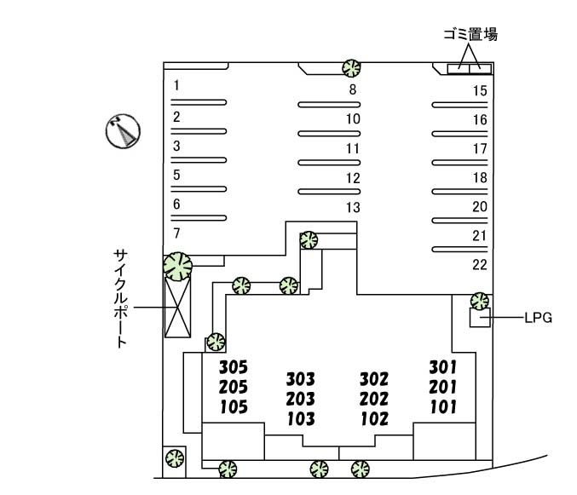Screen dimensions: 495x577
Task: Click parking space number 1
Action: coord(176,85)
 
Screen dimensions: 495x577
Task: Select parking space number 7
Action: coord(176,233)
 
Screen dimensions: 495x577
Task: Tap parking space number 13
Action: coord(353,208)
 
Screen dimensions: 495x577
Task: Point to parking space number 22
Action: coord(479,264)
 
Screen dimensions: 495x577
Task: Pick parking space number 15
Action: coord(479,90)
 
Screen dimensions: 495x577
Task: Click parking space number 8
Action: coord(351,89)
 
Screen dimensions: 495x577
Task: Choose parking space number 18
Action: coord(479,178)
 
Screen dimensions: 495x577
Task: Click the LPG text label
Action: coord(539,318)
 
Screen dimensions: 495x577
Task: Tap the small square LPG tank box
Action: coord(479,318)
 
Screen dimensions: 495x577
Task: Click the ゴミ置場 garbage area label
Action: coord(470,35)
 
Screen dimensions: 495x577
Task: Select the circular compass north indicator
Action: coord(123,131)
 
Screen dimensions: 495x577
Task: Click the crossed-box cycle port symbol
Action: coord(179,308)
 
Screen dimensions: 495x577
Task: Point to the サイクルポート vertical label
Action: coord(121,297)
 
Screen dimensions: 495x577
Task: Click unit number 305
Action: coord(233,368)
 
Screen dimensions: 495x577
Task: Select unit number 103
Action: coord(301,419)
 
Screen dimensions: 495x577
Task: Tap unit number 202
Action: coord(373,399)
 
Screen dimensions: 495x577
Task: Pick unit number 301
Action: coord(443,367)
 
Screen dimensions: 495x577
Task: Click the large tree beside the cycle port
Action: coord(178,266)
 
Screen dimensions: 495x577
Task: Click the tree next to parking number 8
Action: coord(350,67)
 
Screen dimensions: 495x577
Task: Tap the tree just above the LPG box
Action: coord(480,300)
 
